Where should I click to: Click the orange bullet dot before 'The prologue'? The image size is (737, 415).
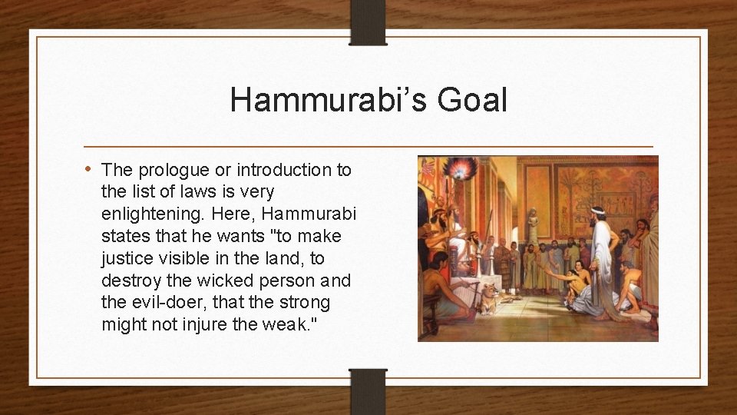click(90, 169)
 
